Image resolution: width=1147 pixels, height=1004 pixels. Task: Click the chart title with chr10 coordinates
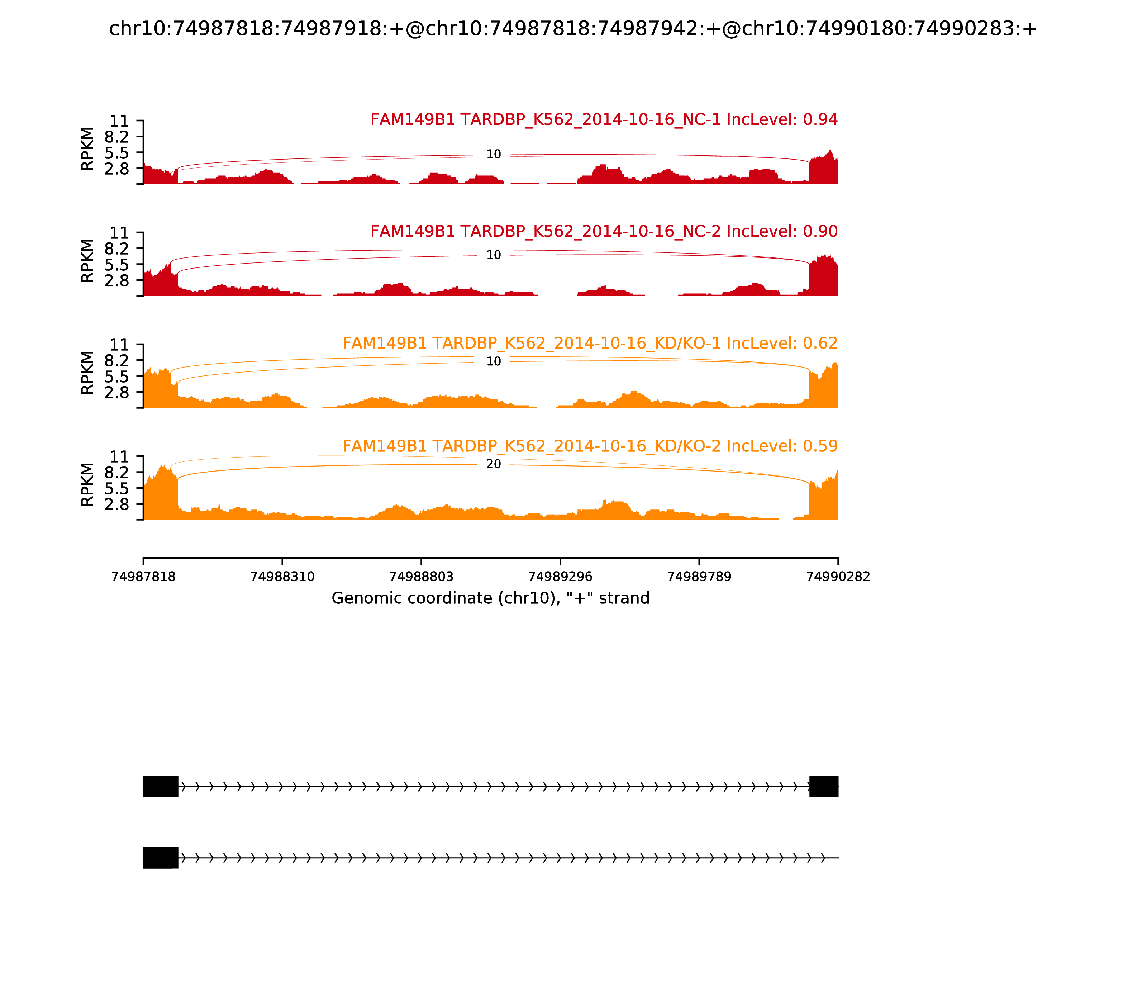[x=573, y=29]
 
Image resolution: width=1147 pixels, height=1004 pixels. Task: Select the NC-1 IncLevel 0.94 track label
[x=604, y=119]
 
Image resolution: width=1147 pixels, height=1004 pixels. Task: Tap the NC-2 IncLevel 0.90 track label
[x=604, y=231]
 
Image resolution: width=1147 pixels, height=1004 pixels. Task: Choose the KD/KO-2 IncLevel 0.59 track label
[x=590, y=446]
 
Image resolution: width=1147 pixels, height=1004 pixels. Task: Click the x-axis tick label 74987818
[x=143, y=577]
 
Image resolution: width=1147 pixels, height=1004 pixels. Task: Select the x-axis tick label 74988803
[x=421, y=577]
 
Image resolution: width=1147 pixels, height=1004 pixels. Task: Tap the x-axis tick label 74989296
[x=560, y=577]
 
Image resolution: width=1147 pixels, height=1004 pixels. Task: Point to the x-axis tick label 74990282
[x=838, y=577]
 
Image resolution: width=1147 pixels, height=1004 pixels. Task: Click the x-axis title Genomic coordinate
[x=491, y=598]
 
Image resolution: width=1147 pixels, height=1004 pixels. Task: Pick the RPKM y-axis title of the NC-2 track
[x=87, y=261]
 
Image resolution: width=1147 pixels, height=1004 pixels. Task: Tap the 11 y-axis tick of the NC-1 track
[x=119, y=121]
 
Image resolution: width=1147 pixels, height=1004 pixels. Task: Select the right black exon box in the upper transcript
[x=824, y=787]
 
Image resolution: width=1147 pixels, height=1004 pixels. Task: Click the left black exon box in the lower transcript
[x=161, y=858]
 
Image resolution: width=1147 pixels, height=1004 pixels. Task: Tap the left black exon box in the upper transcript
[x=161, y=787]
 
